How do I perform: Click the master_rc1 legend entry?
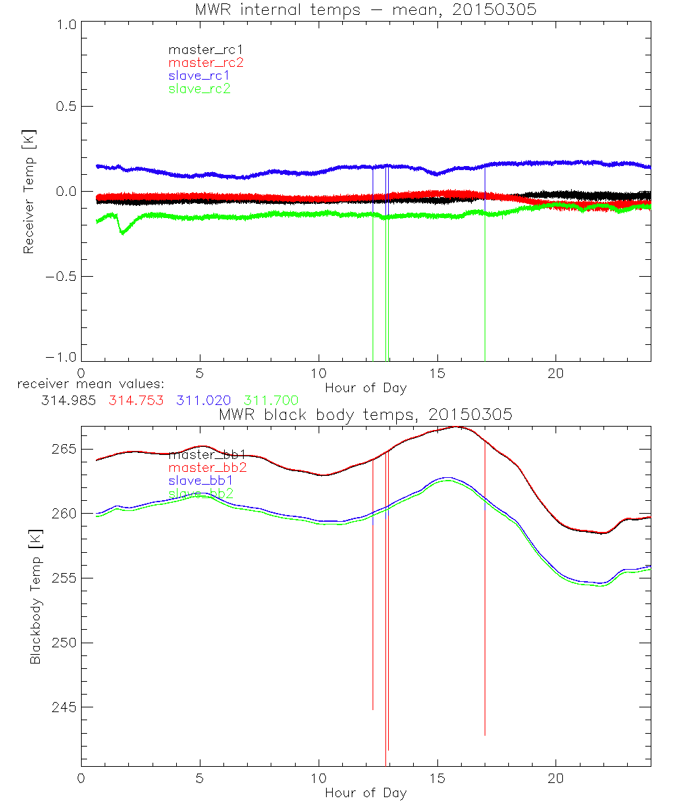pos(199,49)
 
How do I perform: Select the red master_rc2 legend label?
pos(205,63)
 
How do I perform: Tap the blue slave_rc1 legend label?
pos(199,76)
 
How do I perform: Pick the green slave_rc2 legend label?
pos(199,88)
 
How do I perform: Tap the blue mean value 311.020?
pos(204,400)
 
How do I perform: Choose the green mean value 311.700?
pos(271,400)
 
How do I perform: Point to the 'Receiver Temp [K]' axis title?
pos(28,192)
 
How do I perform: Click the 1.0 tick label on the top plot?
pos(65,22)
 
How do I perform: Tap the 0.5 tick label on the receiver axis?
pos(65,107)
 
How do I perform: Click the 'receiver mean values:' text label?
pos(86,385)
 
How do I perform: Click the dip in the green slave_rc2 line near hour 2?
pos(122,232)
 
